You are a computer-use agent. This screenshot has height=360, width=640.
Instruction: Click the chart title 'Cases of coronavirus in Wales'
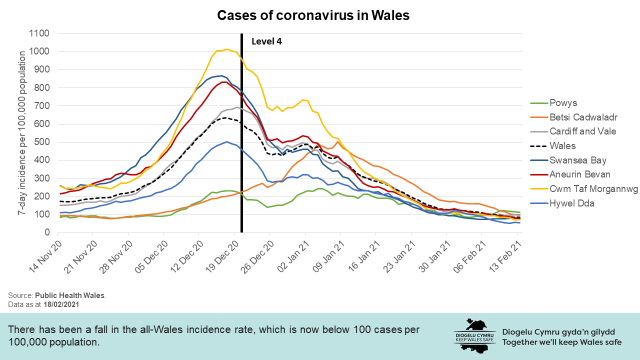[x=313, y=15]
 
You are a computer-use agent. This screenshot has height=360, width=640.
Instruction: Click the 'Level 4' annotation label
[x=266, y=41]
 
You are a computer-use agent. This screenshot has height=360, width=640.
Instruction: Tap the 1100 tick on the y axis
[x=39, y=34]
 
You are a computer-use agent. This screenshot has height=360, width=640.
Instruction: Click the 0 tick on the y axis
[x=46, y=232]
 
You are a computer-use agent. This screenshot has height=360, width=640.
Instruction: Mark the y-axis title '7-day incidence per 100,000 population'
[x=22, y=132]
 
